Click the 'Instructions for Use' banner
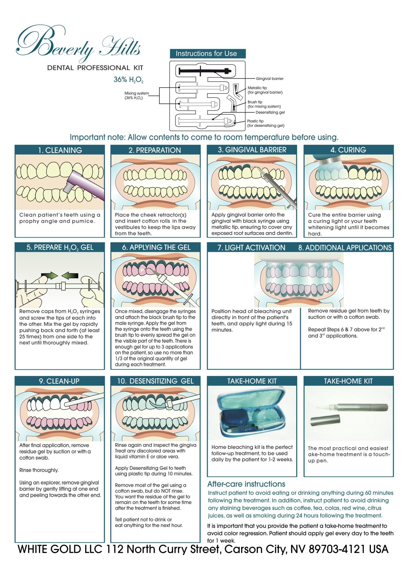[x=208, y=54]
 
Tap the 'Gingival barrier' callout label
[x=270, y=79]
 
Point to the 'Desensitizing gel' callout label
[x=270, y=112]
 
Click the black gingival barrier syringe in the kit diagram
[x=205, y=71]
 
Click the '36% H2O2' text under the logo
[x=128, y=80]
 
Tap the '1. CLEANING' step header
[x=60, y=150]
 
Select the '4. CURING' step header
[x=348, y=150]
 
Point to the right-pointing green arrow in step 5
[x=49, y=275]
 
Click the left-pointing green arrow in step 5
[x=70, y=276]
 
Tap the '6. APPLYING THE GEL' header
[x=156, y=247]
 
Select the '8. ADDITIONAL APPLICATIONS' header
[x=345, y=248]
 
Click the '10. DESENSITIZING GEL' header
[x=155, y=381]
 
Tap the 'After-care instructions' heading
[x=246, y=484]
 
